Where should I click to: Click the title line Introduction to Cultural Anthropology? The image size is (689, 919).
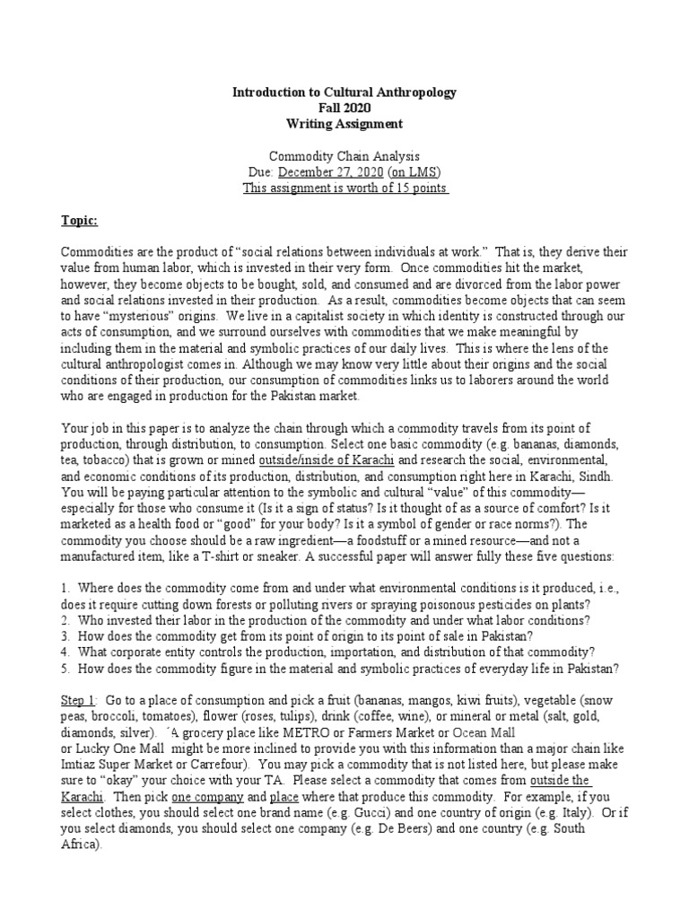coord(344,92)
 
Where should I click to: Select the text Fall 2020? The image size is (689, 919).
coord(344,108)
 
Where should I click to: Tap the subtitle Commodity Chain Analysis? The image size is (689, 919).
coord(344,156)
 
